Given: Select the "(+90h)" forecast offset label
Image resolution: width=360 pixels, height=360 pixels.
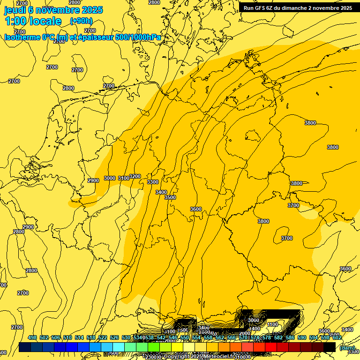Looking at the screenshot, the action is coord(81,21).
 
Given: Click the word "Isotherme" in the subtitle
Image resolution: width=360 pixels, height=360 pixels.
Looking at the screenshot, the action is coord(22,37).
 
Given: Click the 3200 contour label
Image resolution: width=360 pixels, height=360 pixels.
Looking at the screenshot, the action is coord(135,177).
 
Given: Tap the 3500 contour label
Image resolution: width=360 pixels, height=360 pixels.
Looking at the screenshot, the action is coord(170,197).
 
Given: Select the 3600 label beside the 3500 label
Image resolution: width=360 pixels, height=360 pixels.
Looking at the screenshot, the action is coord(196,209).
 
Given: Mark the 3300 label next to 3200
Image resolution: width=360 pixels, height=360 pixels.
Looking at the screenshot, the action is coord(153,182).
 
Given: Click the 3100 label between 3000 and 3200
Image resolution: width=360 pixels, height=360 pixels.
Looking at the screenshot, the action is coord(124,178).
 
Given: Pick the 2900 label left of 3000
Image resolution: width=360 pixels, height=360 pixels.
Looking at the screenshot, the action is coord(93,180).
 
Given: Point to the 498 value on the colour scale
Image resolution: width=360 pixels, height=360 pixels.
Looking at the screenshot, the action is coord(32,338).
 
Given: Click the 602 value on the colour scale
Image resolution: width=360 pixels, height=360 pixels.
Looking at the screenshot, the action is coord(337,338).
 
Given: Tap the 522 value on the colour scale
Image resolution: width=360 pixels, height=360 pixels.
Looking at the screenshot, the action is coord(103,338).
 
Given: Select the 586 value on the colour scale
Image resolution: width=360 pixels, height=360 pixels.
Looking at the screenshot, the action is coord(290,338).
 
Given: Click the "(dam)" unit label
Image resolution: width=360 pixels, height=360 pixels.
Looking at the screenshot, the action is coord(347,348).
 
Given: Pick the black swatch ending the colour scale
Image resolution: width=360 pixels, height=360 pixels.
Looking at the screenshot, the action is coord(330,347).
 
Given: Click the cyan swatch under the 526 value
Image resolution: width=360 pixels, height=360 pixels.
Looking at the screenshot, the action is coord(119,347).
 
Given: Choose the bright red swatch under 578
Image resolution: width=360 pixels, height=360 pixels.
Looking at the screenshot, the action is coord(271,347).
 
